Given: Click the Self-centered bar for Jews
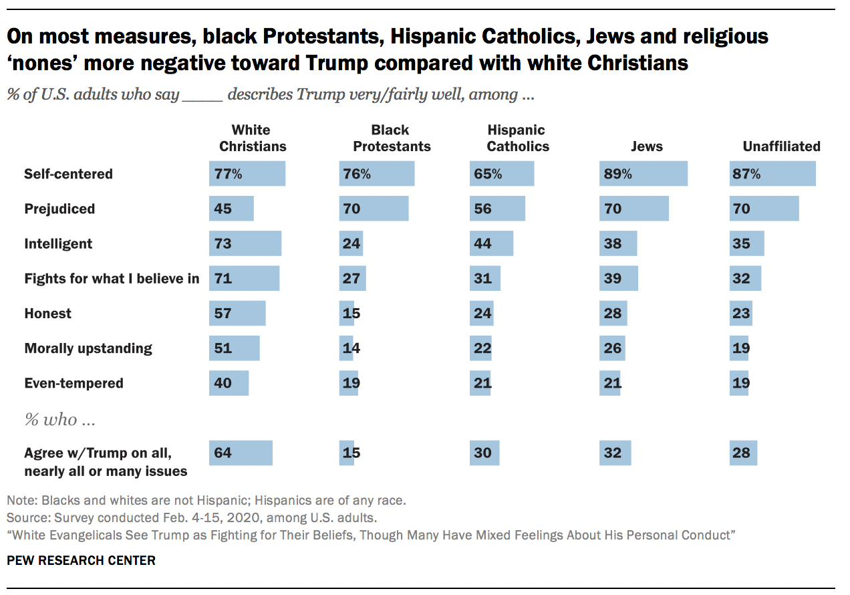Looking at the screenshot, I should click(644, 174).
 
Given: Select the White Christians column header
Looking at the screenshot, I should click(253, 138).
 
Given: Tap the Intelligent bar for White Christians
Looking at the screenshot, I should click(245, 244).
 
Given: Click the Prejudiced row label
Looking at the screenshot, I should click(59, 209).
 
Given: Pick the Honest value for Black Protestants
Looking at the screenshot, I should click(351, 314).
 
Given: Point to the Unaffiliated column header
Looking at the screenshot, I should click(781, 146).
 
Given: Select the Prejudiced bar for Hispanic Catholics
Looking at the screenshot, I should click(497, 209).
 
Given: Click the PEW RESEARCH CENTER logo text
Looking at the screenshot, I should click(81, 560).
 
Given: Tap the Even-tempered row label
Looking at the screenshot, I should click(74, 384).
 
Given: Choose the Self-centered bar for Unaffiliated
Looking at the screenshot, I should click(772, 174).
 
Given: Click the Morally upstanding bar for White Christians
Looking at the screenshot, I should click(234, 348).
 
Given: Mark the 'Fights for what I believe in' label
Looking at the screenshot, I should click(112, 279).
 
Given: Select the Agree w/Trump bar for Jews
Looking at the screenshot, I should click(615, 453).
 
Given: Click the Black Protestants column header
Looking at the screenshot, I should click(392, 138).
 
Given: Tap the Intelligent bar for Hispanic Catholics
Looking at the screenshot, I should click(491, 244).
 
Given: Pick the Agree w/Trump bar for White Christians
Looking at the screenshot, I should click(241, 453).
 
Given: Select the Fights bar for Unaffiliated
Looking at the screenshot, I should click(745, 279).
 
